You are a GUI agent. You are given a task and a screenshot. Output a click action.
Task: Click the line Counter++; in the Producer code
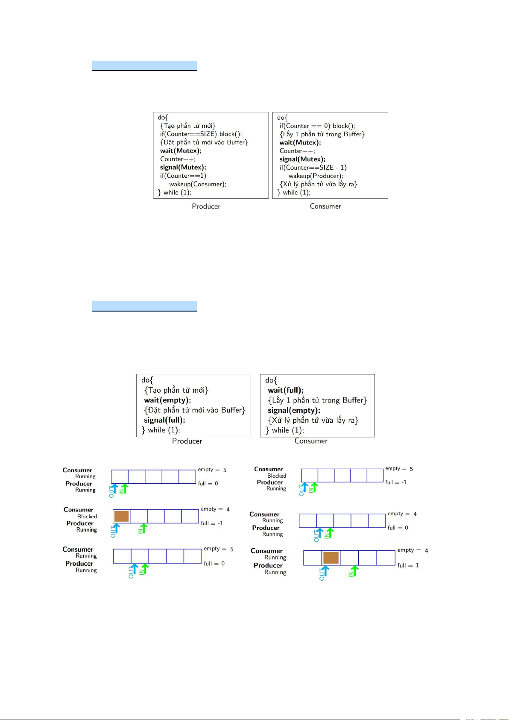pos(178,159)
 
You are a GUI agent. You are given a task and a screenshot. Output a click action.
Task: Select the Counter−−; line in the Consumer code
pos(297,151)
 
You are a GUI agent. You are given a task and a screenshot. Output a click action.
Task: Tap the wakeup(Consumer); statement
pos(198,184)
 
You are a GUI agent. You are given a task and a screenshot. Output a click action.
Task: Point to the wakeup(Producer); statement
pos(316,176)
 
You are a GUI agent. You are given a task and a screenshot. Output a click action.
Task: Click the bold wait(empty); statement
pos(167,400)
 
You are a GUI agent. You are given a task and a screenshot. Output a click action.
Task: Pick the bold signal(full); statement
pos(164,420)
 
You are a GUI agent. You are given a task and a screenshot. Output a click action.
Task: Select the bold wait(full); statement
pos(286,390)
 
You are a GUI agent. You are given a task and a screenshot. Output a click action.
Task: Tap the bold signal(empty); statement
pos(294,411)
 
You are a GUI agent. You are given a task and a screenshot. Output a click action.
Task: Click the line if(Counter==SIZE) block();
pos(201,134)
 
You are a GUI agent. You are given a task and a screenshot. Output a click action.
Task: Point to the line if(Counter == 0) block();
pos(317,126)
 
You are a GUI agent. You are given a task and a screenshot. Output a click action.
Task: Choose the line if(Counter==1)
pos(183,176)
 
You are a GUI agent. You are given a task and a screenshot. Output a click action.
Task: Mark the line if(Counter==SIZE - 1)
pos(313,168)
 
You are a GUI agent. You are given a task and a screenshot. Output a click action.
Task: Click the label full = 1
pos(408,565)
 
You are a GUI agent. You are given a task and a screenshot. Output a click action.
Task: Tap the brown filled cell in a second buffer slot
pos(331,558)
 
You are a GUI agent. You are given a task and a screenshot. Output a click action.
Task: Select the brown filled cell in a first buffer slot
pos(121,516)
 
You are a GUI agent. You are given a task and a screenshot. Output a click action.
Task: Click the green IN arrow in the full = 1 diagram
pos(355,571)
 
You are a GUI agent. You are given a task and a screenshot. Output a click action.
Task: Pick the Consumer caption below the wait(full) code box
pos(311,441)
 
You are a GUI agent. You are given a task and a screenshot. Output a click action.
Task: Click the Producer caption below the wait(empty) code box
pos(187,441)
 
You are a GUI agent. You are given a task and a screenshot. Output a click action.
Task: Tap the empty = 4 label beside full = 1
pos(412,550)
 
